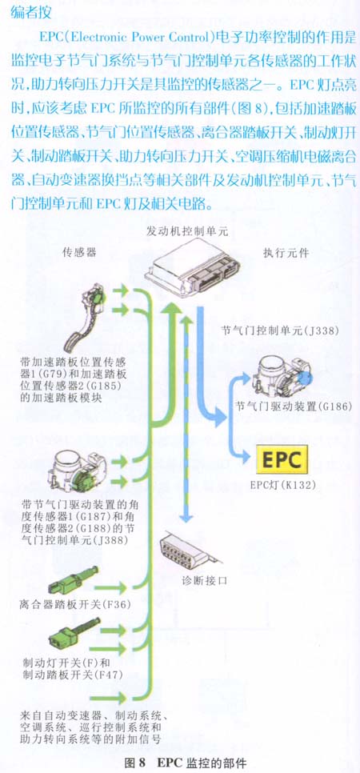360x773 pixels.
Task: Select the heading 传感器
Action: click(78, 253)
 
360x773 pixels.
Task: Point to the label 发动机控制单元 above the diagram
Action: click(187, 231)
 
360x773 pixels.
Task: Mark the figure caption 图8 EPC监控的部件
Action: click(185, 763)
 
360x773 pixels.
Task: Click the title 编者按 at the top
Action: click(30, 12)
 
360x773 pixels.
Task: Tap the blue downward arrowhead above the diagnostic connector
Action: click(186, 517)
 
